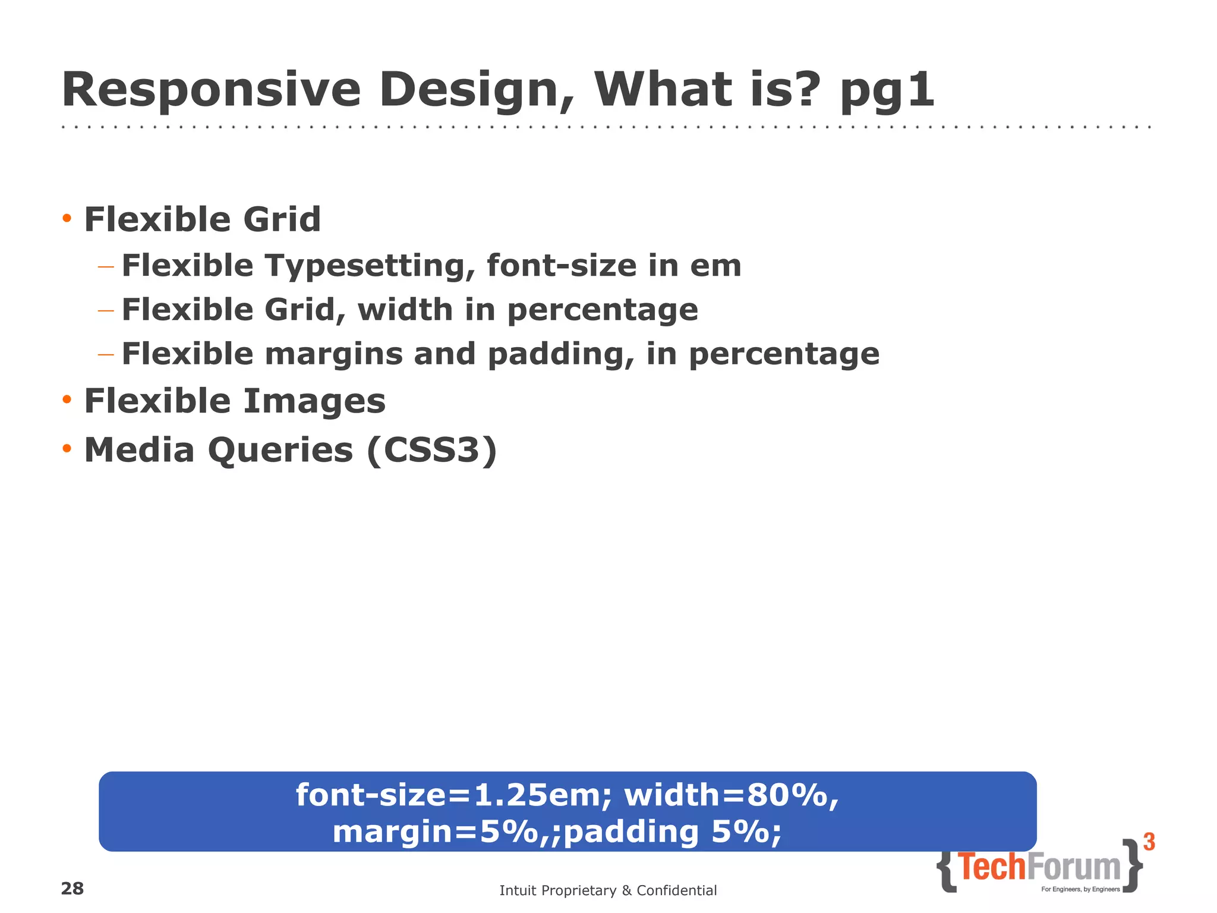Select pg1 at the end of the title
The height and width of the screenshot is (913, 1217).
coord(887,92)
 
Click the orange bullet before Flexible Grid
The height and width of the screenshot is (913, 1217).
coord(67,219)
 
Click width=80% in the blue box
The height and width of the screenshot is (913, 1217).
coord(732,795)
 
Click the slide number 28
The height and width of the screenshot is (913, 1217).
coord(72,889)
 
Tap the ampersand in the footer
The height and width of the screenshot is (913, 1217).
coord(626,890)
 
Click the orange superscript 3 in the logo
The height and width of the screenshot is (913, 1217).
coord(1149,842)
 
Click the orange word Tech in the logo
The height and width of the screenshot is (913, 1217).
coord(992,867)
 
